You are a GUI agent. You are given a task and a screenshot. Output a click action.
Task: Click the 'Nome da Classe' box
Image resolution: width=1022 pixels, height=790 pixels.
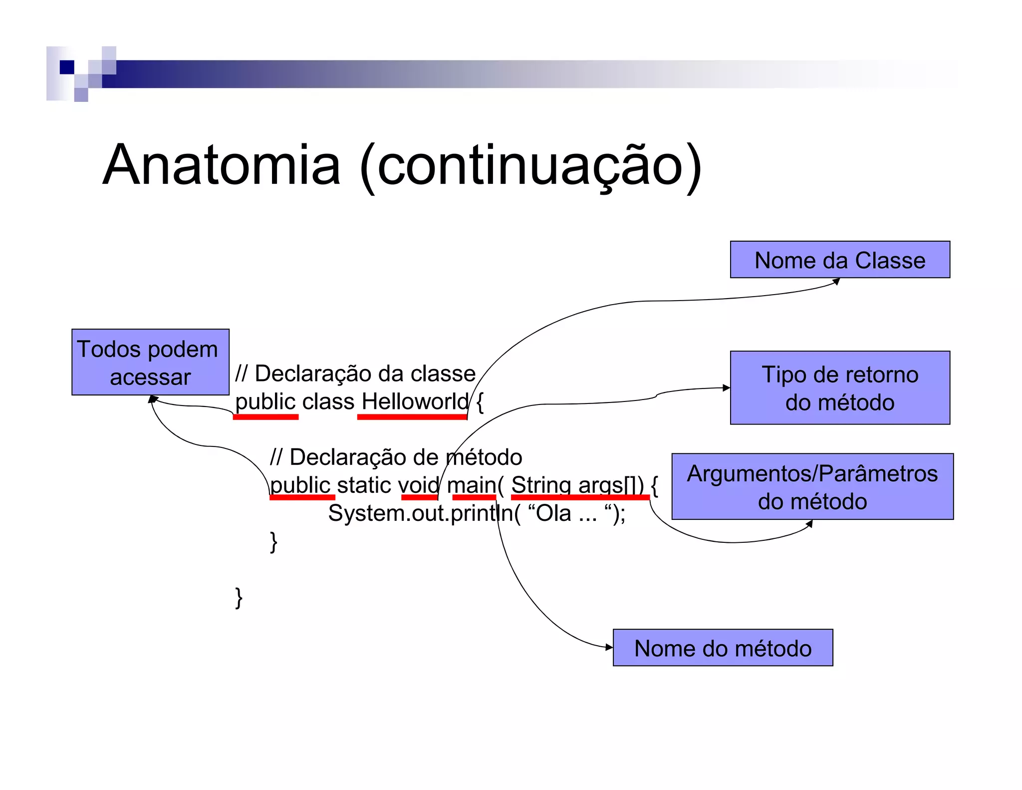point(840,260)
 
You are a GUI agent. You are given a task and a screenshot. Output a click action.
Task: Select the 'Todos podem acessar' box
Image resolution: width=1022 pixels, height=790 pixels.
point(150,362)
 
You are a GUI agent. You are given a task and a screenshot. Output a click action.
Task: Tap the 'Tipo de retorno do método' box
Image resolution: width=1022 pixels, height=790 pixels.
point(840,388)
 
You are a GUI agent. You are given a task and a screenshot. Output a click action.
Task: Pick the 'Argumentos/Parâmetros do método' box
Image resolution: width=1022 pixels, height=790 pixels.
point(812,486)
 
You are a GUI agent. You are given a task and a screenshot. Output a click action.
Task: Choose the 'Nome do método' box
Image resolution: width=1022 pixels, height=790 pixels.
point(723,648)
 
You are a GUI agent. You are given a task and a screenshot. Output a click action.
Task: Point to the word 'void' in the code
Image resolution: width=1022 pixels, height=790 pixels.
point(419,485)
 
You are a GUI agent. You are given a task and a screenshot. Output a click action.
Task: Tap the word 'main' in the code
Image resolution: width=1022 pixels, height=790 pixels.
point(472,485)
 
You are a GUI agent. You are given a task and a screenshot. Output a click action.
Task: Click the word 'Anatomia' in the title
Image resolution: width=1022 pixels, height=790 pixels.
point(222,165)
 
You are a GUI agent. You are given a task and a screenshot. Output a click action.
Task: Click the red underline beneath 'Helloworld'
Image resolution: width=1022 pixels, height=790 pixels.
point(412,417)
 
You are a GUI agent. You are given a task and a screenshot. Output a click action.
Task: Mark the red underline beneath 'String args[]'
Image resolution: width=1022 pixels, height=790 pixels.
point(580,497)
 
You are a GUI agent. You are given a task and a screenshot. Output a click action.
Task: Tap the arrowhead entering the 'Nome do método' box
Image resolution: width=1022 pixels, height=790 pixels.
point(609,647)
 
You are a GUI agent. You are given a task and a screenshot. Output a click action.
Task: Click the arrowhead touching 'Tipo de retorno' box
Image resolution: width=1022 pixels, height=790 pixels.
point(726,388)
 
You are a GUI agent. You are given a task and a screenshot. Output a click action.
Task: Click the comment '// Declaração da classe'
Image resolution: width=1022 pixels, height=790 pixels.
point(355,373)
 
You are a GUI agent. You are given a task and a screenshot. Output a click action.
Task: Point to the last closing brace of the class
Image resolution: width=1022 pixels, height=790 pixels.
point(239,597)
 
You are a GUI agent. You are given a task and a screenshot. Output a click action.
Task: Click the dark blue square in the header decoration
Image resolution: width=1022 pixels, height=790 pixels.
point(67,67)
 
